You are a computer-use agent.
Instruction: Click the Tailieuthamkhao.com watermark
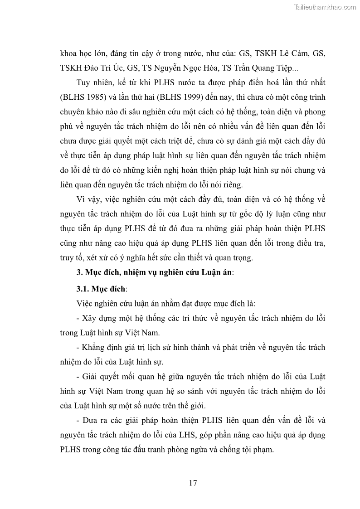click(325, 7)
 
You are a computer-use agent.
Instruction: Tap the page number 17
click(193, 483)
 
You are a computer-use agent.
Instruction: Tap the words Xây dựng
click(101, 318)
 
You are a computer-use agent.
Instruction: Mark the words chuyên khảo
click(81, 112)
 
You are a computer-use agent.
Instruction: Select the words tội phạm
click(259, 450)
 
